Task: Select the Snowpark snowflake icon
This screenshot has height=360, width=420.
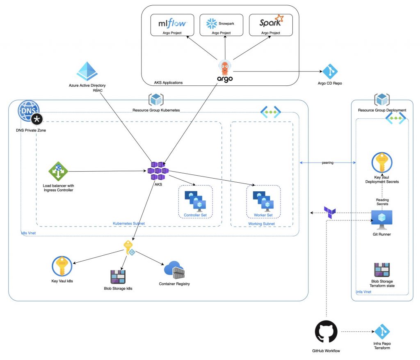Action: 212,23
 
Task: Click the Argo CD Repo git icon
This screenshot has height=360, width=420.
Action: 330,71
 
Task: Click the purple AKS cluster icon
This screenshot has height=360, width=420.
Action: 158,171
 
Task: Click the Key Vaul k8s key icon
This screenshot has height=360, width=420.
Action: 62,267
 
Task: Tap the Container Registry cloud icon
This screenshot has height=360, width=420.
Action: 174,271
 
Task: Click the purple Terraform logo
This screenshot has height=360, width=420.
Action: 330,212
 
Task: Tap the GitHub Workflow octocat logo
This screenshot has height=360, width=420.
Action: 326,332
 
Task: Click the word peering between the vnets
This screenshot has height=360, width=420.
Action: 328,163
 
